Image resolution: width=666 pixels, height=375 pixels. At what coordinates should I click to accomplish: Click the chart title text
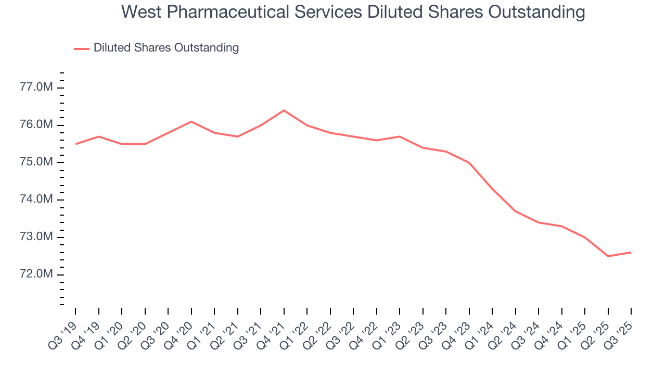[353, 12]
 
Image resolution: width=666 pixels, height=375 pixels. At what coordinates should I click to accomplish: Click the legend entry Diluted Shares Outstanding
[166, 48]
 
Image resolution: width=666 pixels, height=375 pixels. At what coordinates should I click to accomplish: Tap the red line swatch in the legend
[82, 48]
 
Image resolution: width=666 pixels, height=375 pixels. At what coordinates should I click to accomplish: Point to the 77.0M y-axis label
[36, 87]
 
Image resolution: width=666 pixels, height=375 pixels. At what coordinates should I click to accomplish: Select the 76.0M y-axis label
[36, 125]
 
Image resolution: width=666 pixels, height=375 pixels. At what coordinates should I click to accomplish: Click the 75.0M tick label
[36, 162]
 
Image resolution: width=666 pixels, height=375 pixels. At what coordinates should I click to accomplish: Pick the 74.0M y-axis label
[36, 200]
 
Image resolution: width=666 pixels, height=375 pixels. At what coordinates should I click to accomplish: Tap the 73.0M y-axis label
[36, 238]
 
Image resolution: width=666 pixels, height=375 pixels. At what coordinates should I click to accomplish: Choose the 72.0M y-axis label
[36, 274]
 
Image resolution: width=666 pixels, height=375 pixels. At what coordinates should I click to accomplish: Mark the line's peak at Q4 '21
[284, 110]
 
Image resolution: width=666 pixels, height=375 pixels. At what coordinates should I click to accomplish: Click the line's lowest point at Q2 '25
[608, 256]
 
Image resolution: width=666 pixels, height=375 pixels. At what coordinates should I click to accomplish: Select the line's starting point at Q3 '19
[75, 144]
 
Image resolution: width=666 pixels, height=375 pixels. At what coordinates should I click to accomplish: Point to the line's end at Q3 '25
[631, 253]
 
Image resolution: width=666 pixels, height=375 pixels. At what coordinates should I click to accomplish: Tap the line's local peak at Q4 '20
[191, 121]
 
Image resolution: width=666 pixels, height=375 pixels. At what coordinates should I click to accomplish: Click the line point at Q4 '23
[469, 162]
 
